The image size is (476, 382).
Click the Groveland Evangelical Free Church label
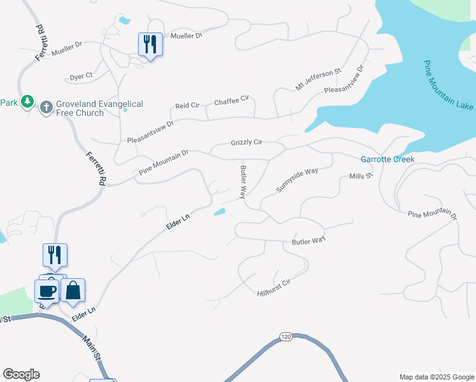pyautogui.click(x=99, y=108)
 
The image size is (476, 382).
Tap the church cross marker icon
pyautogui.click(x=46, y=107)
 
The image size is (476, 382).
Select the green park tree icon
pyautogui.click(x=27, y=102)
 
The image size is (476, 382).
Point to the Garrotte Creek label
pyautogui.click(x=388, y=159)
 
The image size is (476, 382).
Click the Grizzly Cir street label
pyautogui.click(x=246, y=143)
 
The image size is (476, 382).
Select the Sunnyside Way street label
pyautogui.click(x=297, y=181)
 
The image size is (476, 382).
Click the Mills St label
pyautogui.click(x=360, y=176)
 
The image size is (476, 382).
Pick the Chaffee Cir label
pyautogui.click(x=231, y=102)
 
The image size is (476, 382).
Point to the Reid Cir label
pyautogui.click(x=188, y=105)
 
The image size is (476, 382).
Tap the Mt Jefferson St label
pyautogui.click(x=318, y=80)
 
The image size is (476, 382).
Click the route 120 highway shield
pyautogui.click(x=286, y=336)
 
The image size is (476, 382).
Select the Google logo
pyautogui.click(x=21, y=374)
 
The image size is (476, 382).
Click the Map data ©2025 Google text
pyautogui.click(x=436, y=377)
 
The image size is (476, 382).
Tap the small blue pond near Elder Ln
pyautogui.click(x=219, y=212)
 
